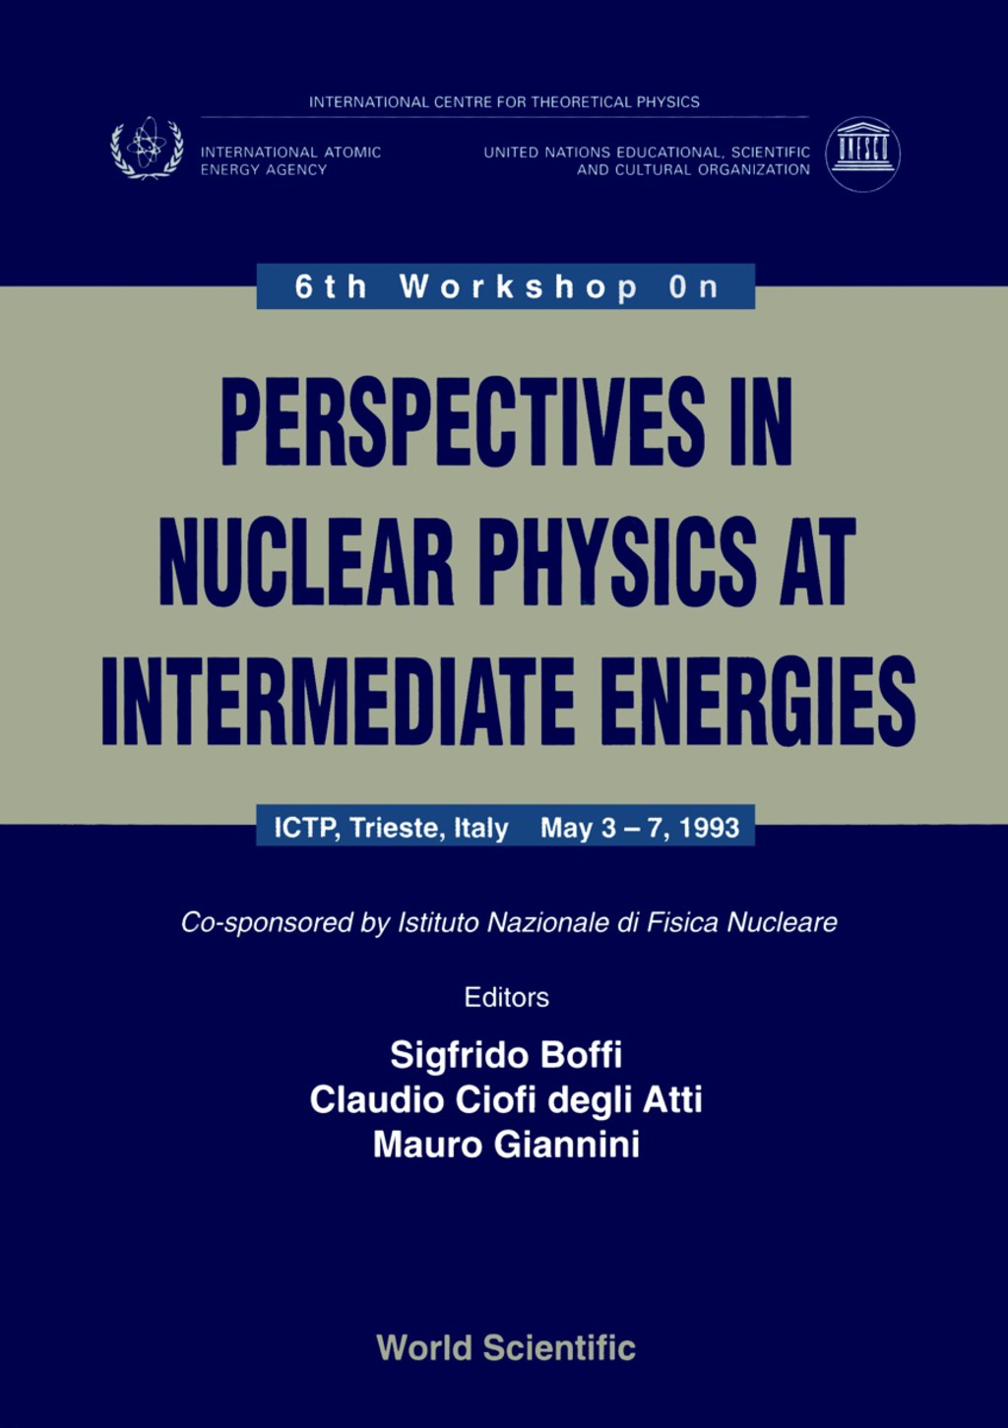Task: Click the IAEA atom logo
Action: (147, 149)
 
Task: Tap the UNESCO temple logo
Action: (862, 154)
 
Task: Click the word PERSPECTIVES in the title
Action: (463, 422)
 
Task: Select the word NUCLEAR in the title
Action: (306, 562)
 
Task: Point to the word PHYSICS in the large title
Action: (617, 562)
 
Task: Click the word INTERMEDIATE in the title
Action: (338, 702)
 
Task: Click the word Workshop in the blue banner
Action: (519, 286)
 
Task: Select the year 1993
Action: (709, 828)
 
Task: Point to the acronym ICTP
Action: (306, 828)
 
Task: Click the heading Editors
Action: (506, 997)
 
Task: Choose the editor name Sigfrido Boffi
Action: (506, 1055)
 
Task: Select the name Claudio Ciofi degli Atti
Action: (506, 1099)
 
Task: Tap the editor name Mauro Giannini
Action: (506, 1144)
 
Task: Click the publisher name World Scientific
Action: (506, 1347)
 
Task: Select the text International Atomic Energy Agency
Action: (290, 160)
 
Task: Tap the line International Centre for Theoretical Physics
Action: (504, 101)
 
